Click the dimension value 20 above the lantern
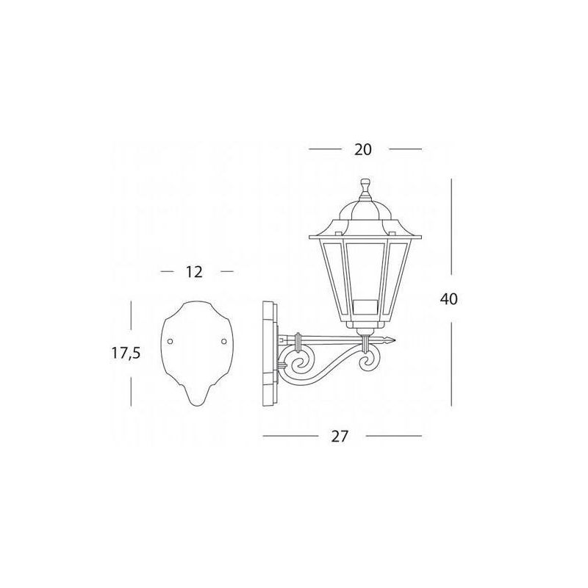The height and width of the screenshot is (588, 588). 362,150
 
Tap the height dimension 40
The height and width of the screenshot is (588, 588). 449,299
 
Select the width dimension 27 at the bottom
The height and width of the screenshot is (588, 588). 340,437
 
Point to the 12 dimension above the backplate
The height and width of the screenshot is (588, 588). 194,272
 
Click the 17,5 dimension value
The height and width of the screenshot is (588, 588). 126,354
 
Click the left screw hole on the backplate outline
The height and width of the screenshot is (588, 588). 170,341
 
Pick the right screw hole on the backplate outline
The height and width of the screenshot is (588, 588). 224,341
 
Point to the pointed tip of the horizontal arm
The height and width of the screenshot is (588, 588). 395,340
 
